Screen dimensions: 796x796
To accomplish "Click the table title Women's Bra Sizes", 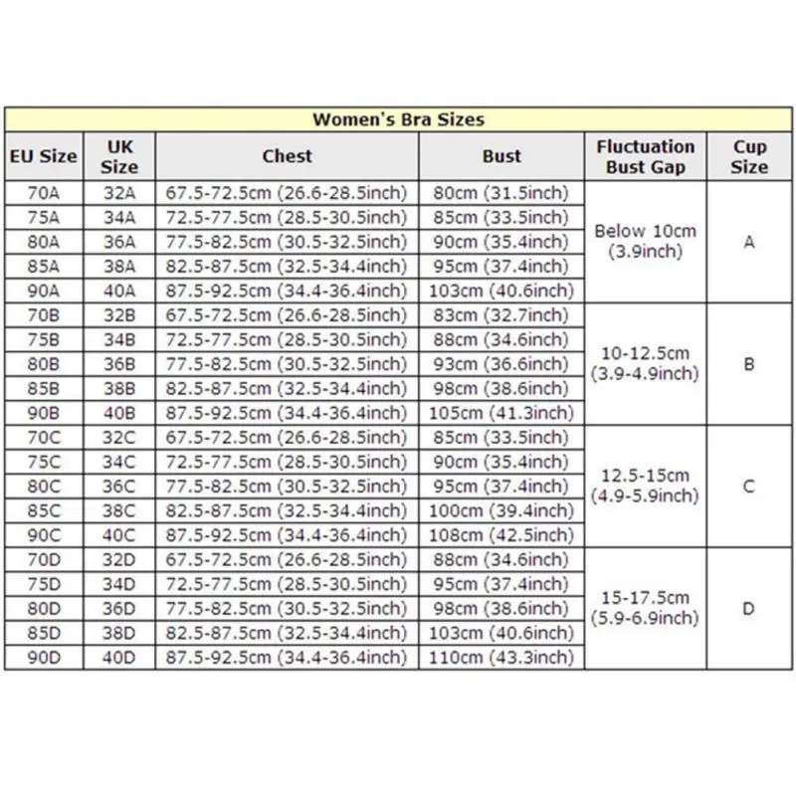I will pos(398,119).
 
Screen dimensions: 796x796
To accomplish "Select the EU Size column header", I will pos(43,156).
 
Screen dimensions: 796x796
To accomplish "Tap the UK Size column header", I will pos(119,156).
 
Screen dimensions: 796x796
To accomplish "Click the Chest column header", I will pos(288,156).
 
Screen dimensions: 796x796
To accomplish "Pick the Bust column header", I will pos(501,156).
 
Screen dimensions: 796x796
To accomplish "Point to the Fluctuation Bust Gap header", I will pos(646,156).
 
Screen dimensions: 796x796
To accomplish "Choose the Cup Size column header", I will pos(749,156).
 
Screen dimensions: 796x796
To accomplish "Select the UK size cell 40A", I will pos(119,290).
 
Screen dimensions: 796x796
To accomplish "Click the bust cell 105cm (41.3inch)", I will pos(501,412).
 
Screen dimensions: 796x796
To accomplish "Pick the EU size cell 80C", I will pos(43,487).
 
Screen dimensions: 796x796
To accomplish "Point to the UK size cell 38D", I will pos(119,632).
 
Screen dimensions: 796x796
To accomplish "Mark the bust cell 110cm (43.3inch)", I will pos(501,657).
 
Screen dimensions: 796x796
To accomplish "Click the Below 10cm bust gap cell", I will pos(646,241).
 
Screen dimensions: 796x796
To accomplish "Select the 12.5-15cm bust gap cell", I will pos(646,487).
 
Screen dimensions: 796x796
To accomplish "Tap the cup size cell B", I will pos(749,364).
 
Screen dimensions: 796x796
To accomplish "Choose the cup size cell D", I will pos(749,608).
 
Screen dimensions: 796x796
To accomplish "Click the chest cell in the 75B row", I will pos(288,339).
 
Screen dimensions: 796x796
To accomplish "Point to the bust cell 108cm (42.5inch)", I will pos(501,534).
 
